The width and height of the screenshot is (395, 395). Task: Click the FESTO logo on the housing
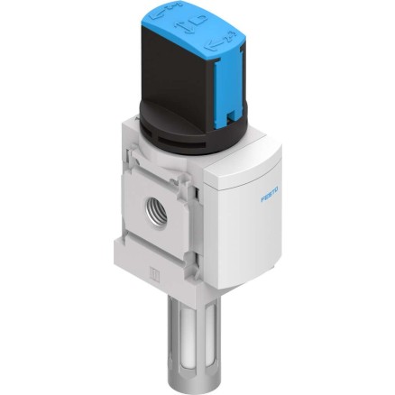point(270,195)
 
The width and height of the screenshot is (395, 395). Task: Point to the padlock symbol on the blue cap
point(199,21)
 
